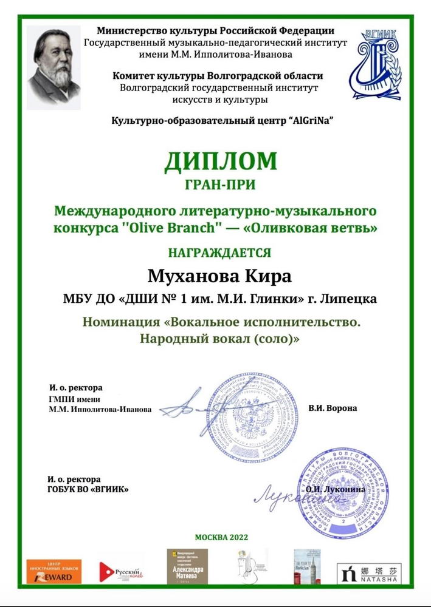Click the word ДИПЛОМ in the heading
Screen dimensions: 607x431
point(220,161)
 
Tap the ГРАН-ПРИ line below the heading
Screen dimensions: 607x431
point(220,183)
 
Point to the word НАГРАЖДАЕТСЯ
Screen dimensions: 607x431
point(220,252)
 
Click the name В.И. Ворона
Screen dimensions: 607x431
point(333,408)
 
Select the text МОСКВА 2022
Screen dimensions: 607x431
point(221,537)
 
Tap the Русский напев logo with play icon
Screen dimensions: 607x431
point(120,571)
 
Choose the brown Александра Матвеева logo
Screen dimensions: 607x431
point(187,566)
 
